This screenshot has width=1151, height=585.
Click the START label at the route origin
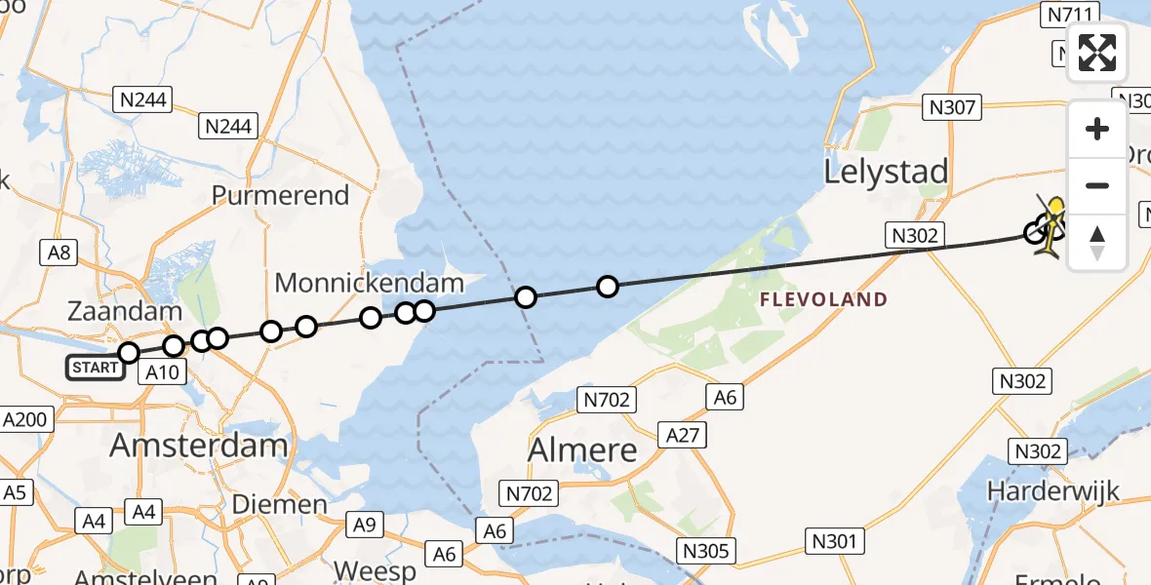[x=95, y=368]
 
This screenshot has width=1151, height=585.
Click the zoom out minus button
[x=1097, y=185]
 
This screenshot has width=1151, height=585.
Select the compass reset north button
[x=1097, y=242]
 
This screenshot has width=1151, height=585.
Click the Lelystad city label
[x=886, y=172]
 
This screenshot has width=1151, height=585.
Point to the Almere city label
[x=582, y=449]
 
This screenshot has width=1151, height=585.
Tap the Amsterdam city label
[x=199, y=446]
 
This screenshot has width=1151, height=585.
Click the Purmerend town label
[x=280, y=195]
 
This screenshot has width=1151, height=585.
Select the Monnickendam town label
[x=369, y=284]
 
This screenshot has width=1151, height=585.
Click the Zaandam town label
[x=125, y=313]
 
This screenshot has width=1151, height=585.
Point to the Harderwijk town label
[x=1052, y=490]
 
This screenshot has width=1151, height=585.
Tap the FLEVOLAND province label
[x=824, y=299]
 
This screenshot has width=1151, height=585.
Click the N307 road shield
[x=952, y=107]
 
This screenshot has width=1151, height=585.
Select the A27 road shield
[x=682, y=434]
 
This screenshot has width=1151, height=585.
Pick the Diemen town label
[x=280, y=504]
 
